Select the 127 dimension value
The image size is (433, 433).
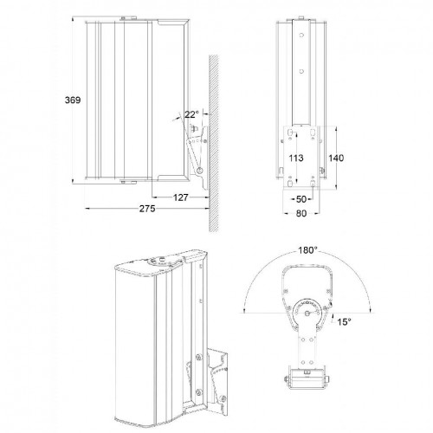coord(180,196)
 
